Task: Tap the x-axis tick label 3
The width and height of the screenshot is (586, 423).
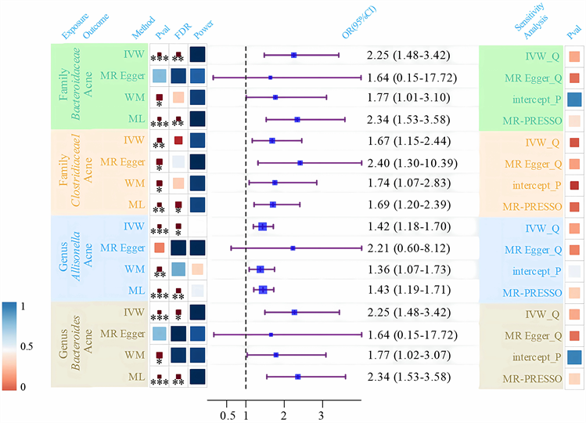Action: [x=321, y=414]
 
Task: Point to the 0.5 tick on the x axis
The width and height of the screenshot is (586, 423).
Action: [x=228, y=414]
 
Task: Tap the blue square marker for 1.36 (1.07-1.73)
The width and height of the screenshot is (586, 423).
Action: [x=261, y=269]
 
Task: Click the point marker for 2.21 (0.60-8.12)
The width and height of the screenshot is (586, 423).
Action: [x=293, y=248]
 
